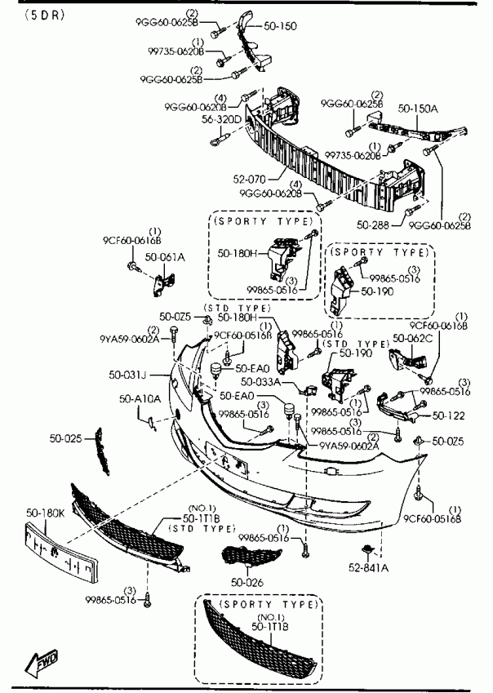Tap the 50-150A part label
click(417, 107)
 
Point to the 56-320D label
click(223, 119)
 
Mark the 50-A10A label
click(140, 399)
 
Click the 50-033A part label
click(260, 381)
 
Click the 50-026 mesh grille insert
click(250, 559)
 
